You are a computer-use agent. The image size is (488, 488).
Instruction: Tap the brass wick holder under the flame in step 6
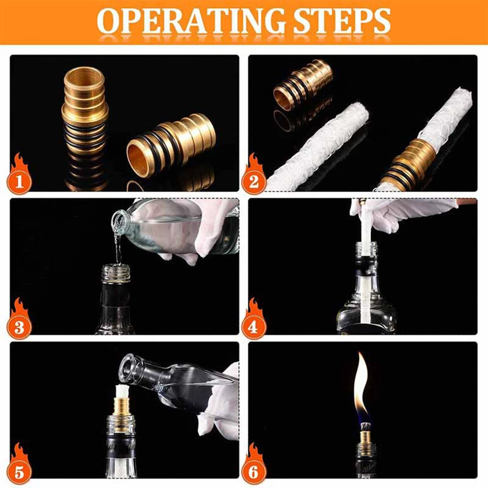click(364, 437)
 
